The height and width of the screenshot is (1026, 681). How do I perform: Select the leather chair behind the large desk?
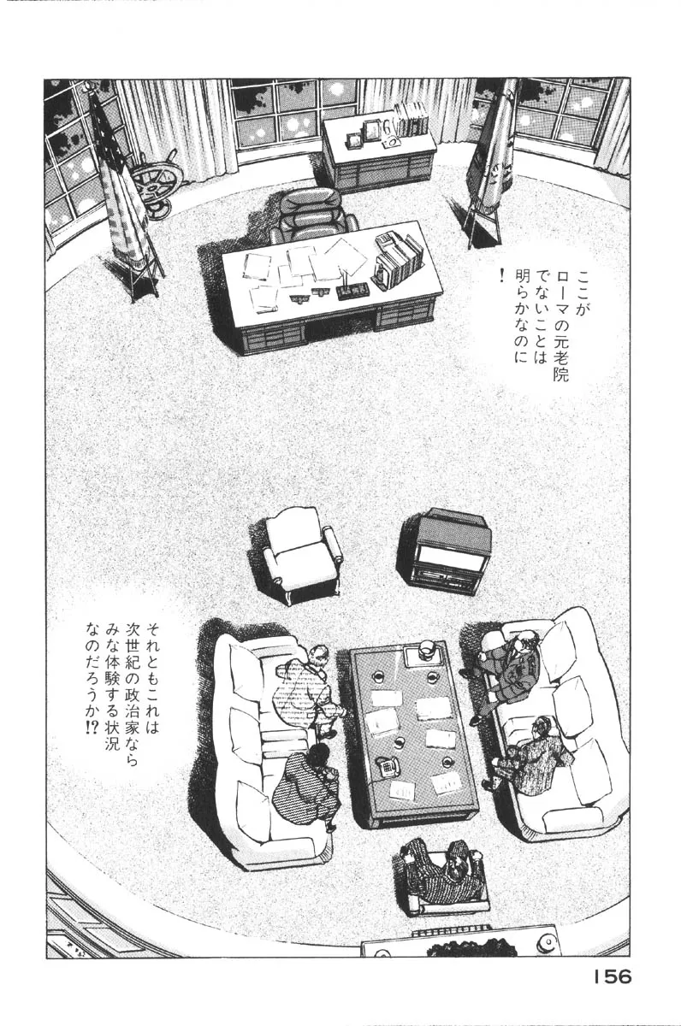coord(312,215)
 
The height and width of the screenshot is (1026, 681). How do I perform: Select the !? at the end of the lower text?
coord(90,731)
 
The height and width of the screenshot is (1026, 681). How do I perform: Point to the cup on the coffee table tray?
coord(423,647)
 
